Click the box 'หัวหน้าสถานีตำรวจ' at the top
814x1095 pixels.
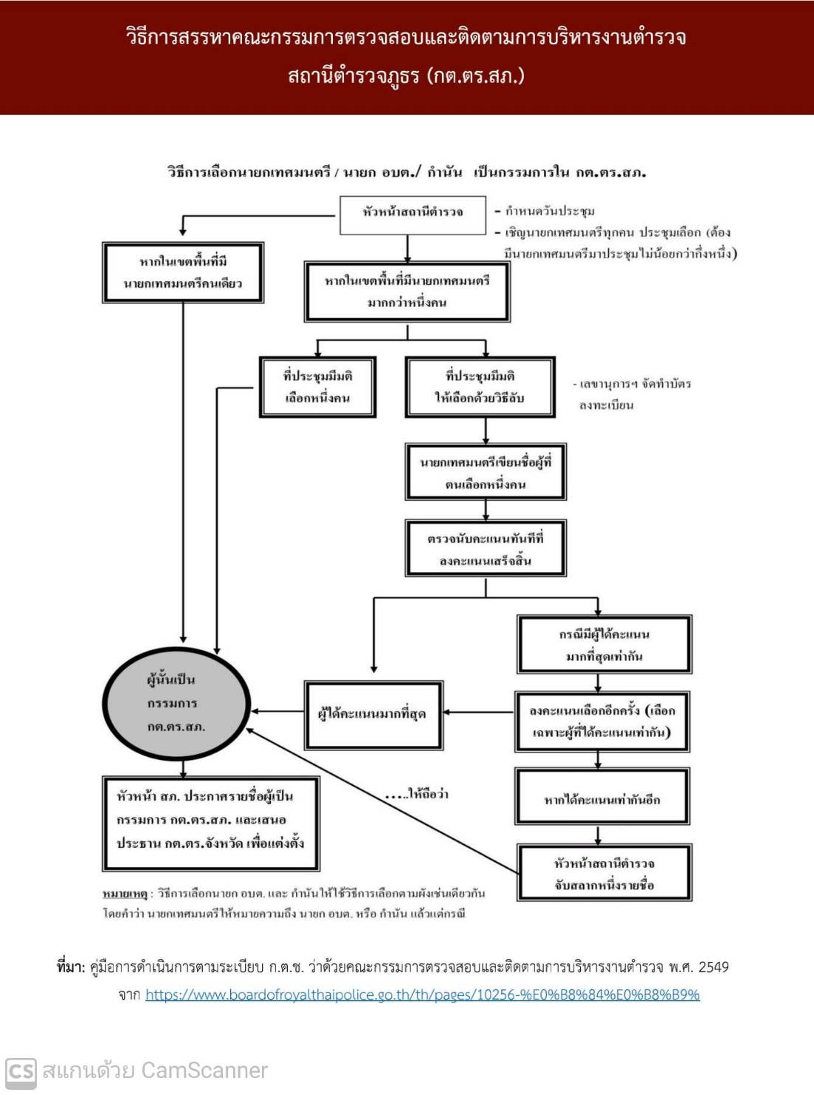413,213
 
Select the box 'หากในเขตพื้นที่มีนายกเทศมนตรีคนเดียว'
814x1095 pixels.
183,272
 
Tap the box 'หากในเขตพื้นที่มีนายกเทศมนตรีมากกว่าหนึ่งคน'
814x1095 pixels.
407,291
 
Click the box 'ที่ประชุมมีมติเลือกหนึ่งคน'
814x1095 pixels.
317,387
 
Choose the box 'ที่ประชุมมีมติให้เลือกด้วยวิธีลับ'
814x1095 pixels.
480,387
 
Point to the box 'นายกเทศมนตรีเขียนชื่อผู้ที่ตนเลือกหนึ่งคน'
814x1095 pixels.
485,473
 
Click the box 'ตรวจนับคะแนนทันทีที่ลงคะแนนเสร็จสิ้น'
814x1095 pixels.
485,549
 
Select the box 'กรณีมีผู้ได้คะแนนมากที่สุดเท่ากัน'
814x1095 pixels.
604,644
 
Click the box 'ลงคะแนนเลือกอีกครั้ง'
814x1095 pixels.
601,722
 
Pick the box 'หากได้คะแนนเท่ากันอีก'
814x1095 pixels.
601,798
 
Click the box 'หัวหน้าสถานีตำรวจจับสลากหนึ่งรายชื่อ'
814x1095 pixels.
604,874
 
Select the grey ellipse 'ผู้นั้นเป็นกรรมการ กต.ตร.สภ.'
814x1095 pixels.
176,702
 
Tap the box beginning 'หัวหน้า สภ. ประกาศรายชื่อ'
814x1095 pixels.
210,820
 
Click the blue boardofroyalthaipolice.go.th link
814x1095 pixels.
422,995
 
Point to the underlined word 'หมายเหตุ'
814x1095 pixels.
125,894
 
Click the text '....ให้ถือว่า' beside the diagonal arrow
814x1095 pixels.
417,795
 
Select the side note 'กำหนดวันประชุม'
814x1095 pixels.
549,212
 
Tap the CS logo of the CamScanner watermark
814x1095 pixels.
20,1071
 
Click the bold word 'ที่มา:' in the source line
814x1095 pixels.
70,967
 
